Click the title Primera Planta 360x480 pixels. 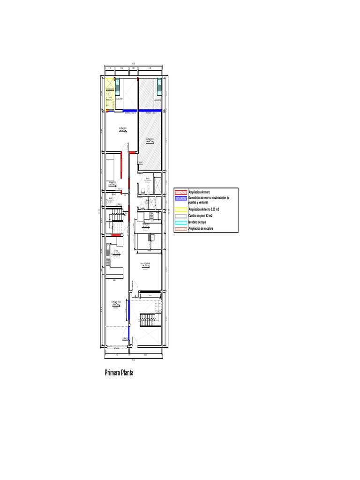pos(119,373)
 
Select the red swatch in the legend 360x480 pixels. pos(181,192)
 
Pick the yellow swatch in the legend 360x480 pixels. pos(181,210)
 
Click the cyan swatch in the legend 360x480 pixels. pos(181,222)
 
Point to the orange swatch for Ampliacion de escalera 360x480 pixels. pos(181,228)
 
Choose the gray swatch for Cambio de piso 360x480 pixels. pos(181,216)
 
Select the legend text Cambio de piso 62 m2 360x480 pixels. pos(201,216)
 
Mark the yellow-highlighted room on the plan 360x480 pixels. pos(110,94)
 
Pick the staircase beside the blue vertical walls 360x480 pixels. pos(148,322)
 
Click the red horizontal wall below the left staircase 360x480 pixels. pos(117,235)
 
